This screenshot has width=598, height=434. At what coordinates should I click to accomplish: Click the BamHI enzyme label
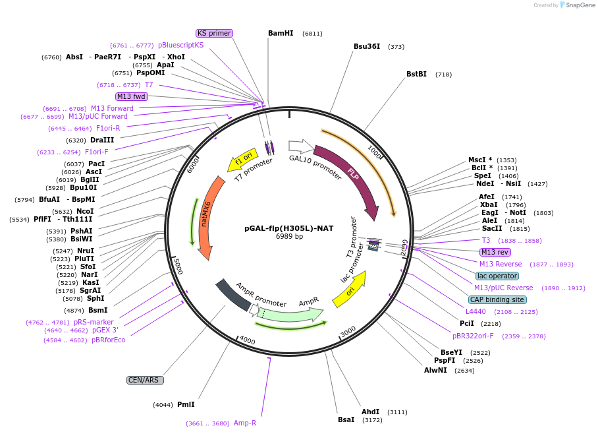(x=281, y=33)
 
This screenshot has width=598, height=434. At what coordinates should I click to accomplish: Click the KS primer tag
(x=215, y=33)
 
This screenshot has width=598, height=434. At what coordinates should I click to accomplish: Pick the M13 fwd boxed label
(x=132, y=96)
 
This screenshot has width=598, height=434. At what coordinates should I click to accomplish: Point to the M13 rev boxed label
(x=495, y=252)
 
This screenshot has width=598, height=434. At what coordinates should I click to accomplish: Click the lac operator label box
(x=497, y=276)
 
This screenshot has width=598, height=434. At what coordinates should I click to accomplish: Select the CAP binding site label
(x=498, y=299)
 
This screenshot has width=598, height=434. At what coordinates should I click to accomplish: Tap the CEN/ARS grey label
(x=145, y=381)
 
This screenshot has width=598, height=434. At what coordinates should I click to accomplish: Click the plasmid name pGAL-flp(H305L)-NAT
(x=289, y=228)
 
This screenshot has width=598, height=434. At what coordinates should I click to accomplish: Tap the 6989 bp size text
(x=289, y=237)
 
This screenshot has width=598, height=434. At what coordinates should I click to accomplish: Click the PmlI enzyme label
(x=186, y=404)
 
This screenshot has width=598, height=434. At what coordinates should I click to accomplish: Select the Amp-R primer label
(x=245, y=423)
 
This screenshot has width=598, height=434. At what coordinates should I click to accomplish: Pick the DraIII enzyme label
(x=102, y=140)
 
